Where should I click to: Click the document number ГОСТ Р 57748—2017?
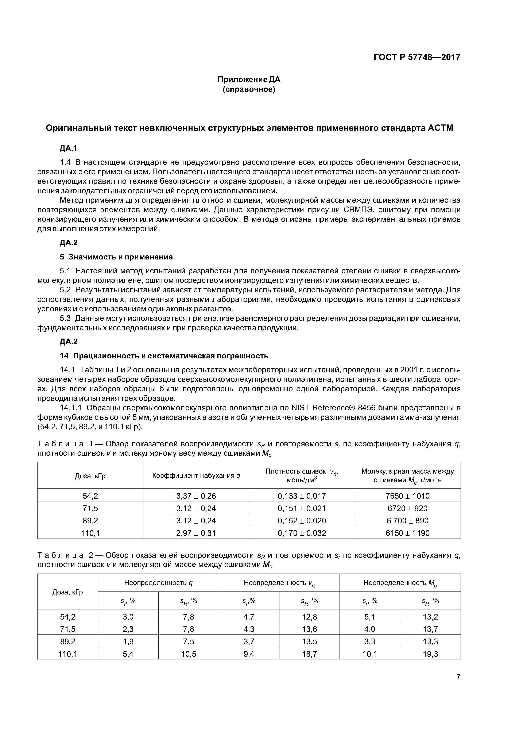(x=417, y=57)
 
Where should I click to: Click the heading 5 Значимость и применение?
(x=116, y=257)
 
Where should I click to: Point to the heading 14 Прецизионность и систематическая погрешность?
(x=164, y=356)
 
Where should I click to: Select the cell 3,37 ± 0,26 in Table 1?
(x=196, y=496)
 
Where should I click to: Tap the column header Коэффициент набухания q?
(x=196, y=476)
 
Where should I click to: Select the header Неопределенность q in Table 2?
(x=158, y=582)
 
